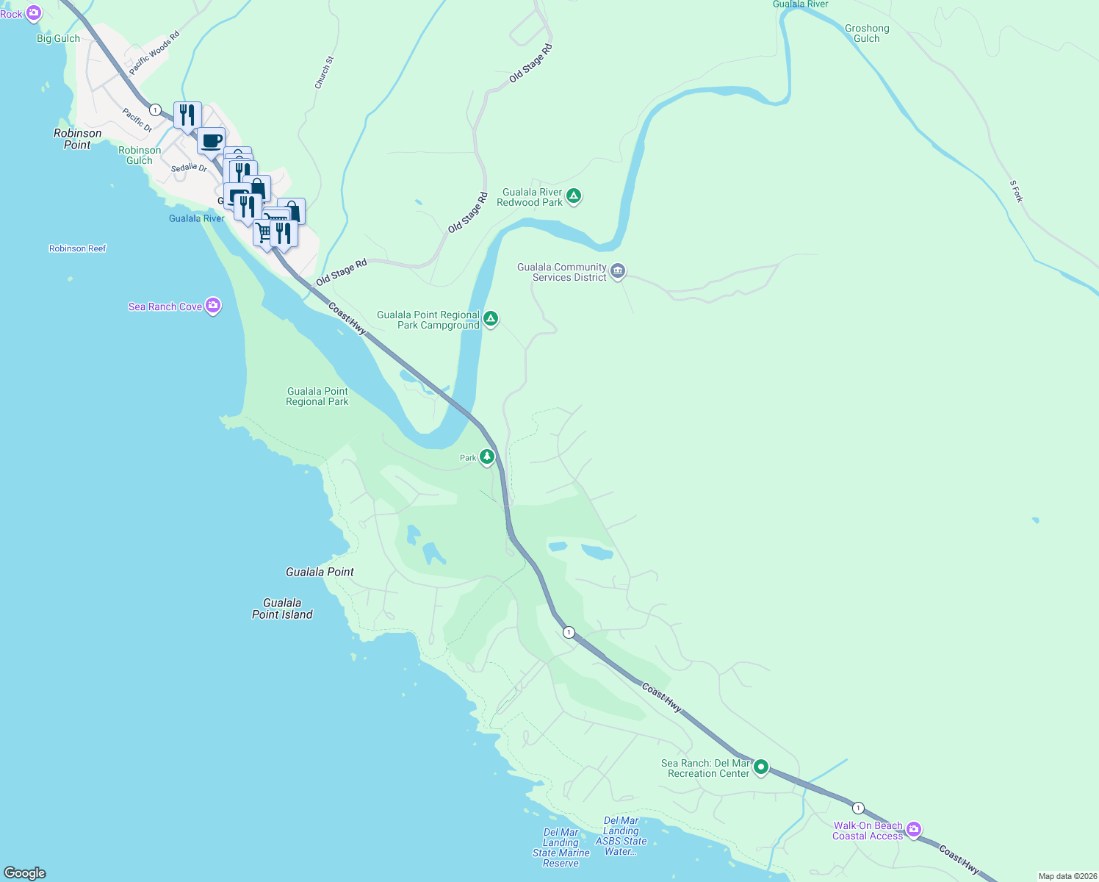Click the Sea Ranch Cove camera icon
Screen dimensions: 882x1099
(213, 306)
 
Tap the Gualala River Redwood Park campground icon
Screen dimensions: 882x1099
(574, 196)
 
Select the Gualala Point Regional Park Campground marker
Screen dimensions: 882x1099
(491, 319)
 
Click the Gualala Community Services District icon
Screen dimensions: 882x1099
(618, 271)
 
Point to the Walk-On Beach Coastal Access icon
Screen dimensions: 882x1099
(914, 830)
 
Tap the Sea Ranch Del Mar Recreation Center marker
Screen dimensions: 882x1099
(761, 767)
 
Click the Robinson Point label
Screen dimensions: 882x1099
(77, 139)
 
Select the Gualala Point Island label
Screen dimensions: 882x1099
(282, 609)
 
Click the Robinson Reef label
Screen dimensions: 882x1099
(77, 248)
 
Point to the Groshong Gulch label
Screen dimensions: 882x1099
(867, 34)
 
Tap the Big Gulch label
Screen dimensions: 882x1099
(58, 38)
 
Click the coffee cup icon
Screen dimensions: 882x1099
(211, 140)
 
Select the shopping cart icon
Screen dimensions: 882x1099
(263, 232)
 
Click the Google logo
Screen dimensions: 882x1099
(25, 873)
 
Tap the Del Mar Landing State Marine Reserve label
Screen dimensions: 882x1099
(561, 847)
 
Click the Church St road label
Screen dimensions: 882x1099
(324, 73)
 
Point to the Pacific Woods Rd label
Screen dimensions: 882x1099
(154, 53)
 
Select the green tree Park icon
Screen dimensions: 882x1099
(486, 457)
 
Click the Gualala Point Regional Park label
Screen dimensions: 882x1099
(317, 396)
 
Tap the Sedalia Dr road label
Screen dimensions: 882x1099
(189, 168)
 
